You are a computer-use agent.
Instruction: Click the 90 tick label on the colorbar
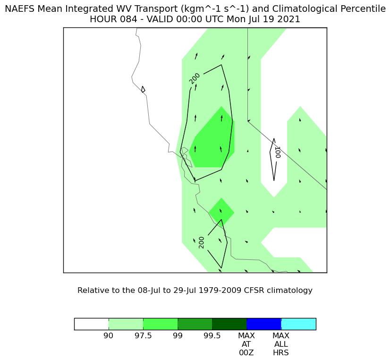click(x=108, y=336)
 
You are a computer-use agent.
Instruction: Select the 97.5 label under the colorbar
click(x=143, y=336)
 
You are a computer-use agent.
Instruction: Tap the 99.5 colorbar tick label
click(x=212, y=336)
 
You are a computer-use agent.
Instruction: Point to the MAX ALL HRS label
click(x=281, y=344)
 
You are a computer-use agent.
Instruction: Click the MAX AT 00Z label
click(x=246, y=344)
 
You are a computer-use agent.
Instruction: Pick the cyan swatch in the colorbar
click(x=299, y=324)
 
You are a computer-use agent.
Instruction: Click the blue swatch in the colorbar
click(x=264, y=324)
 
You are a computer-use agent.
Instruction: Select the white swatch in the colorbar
click(x=92, y=324)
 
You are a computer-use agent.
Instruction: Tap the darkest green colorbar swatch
click(x=229, y=324)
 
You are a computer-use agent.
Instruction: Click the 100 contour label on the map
click(x=277, y=152)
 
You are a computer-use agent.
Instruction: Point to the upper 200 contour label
click(x=195, y=78)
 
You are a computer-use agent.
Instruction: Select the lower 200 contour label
click(x=202, y=242)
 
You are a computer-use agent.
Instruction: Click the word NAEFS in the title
click(x=20, y=9)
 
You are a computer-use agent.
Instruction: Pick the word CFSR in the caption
click(x=252, y=291)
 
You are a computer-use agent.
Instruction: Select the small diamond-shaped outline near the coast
click(x=143, y=89)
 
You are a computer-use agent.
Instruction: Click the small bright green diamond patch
click(x=221, y=212)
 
